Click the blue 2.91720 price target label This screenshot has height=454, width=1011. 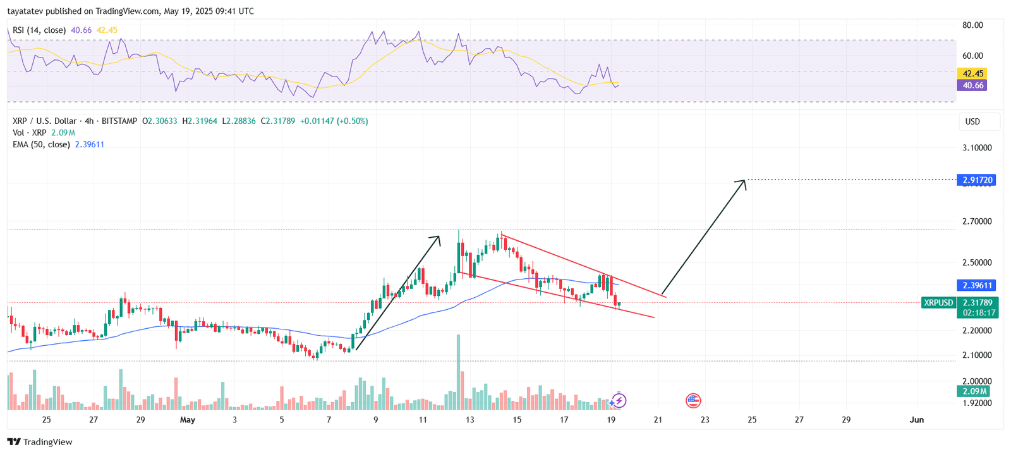pyautogui.click(x=978, y=180)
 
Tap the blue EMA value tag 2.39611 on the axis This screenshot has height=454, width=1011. pyautogui.click(x=978, y=285)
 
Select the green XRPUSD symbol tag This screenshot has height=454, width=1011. pyautogui.click(x=938, y=303)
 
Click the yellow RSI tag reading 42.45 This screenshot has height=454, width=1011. pyautogui.click(x=972, y=73)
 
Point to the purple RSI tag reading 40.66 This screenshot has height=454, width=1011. pyautogui.click(x=972, y=85)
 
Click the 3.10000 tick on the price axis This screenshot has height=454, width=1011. pyautogui.click(x=977, y=148)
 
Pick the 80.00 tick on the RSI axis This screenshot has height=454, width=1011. pyautogui.click(x=972, y=25)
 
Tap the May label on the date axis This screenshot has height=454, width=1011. pyautogui.click(x=188, y=420)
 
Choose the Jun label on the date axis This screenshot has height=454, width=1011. pyautogui.click(x=916, y=420)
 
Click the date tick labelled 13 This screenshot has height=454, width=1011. pyautogui.click(x=469, y=420)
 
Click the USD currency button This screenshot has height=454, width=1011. pyautogui.click(x=972, y=121)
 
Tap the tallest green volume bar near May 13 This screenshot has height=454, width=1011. pyautogui.click(x=458, y=373)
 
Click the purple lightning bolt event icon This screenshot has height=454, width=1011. pyautogui.click(x=619, y=400)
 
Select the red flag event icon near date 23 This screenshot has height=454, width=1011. pyautogui.click(x=693, y=400)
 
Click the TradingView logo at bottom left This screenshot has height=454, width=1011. pyautogui.click(x=40, y=442)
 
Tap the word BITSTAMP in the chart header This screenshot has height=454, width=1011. pyautogui.click(x=119, y=121)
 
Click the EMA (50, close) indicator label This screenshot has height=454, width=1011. pyautogui.click(x=41, y=144)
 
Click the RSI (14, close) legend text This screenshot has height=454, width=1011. pyautogui.click(x=39, y=30)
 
